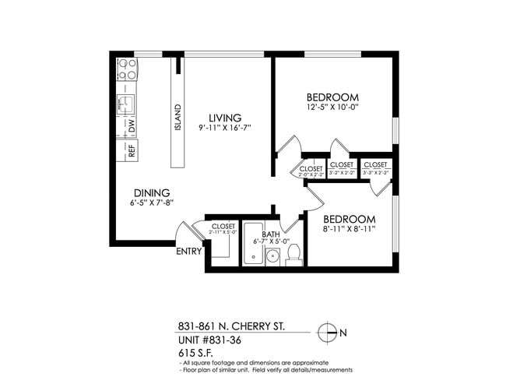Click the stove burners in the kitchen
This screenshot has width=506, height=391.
[x=127, y=69]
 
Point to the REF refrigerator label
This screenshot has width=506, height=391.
[x=131, y=150]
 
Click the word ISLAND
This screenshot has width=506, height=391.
[x=178, y=118]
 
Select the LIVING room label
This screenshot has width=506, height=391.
[x=224, y=118]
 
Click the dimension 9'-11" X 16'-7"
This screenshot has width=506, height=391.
[x=224, y=128]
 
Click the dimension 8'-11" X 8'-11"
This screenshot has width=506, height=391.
[x=350, y=229]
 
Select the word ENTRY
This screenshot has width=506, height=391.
[x=188, y=251]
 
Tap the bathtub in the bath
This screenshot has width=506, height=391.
[x=253, y=244]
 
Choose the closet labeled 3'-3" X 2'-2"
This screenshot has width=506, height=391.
[x=375, y=168]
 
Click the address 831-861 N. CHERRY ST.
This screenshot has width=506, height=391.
[x=231, y=328]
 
